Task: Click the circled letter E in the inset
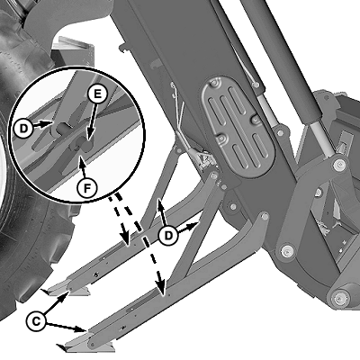pos(97,94)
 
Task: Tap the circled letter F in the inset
pos(86,188)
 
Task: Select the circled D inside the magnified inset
pos(23,129)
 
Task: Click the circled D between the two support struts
pos(168,235)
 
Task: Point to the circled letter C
pos(36,322)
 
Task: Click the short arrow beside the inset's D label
pos(42,123)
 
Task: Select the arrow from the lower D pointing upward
pos(162,213)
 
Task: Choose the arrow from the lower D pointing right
pos(188,227)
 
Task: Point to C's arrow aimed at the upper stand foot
pos(56,304)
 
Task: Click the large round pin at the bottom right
pos(338,298)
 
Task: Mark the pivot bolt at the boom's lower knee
pos(287,250)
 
